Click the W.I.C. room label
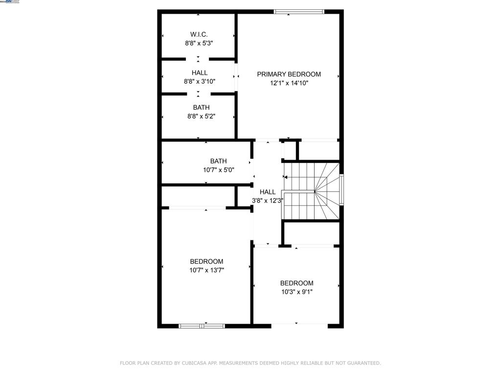(x=199, y=34)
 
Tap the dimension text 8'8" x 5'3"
(x=199, y=43)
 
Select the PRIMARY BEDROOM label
(x=289, y=74)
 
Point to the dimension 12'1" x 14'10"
(x=289, y=83)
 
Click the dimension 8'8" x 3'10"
(x=199, y=82)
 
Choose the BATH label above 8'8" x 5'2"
(x=201, y=108)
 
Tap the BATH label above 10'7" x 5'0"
(x=218, y=161)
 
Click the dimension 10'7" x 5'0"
(x=218, y=170)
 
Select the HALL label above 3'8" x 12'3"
(x=268, y=192)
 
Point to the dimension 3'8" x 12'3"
(x=268, y=201)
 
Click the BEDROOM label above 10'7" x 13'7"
(x=206, y=261)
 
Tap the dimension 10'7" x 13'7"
(x=206, y=270)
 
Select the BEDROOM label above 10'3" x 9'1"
(x=296, y=283)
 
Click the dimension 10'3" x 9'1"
(x=296, y=292)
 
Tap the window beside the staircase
(x=342, y=189)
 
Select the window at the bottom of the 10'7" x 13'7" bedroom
(x=202, y=326)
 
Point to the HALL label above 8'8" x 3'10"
(x=199, y=73)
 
